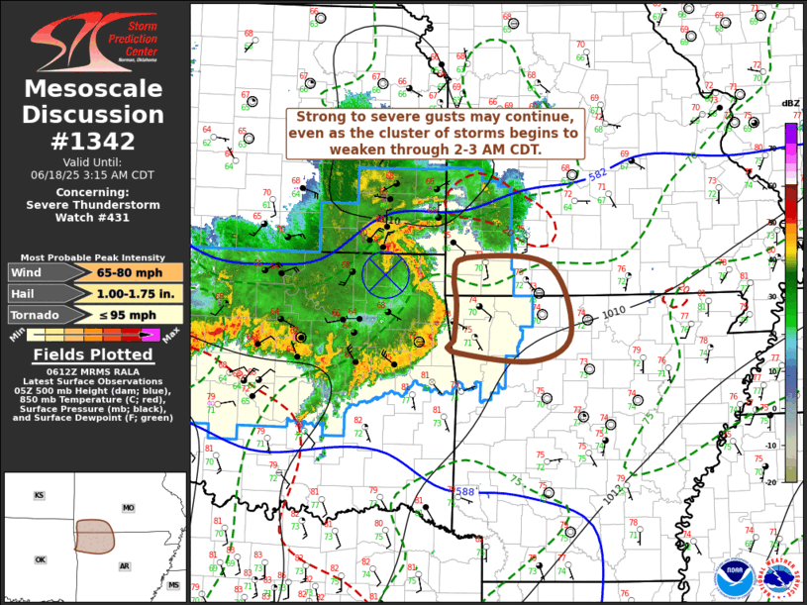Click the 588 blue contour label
[463, 491]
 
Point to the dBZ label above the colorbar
[790, 104]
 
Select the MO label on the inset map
[128, 508]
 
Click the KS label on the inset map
[40, 495]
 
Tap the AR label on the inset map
[125, 566]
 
